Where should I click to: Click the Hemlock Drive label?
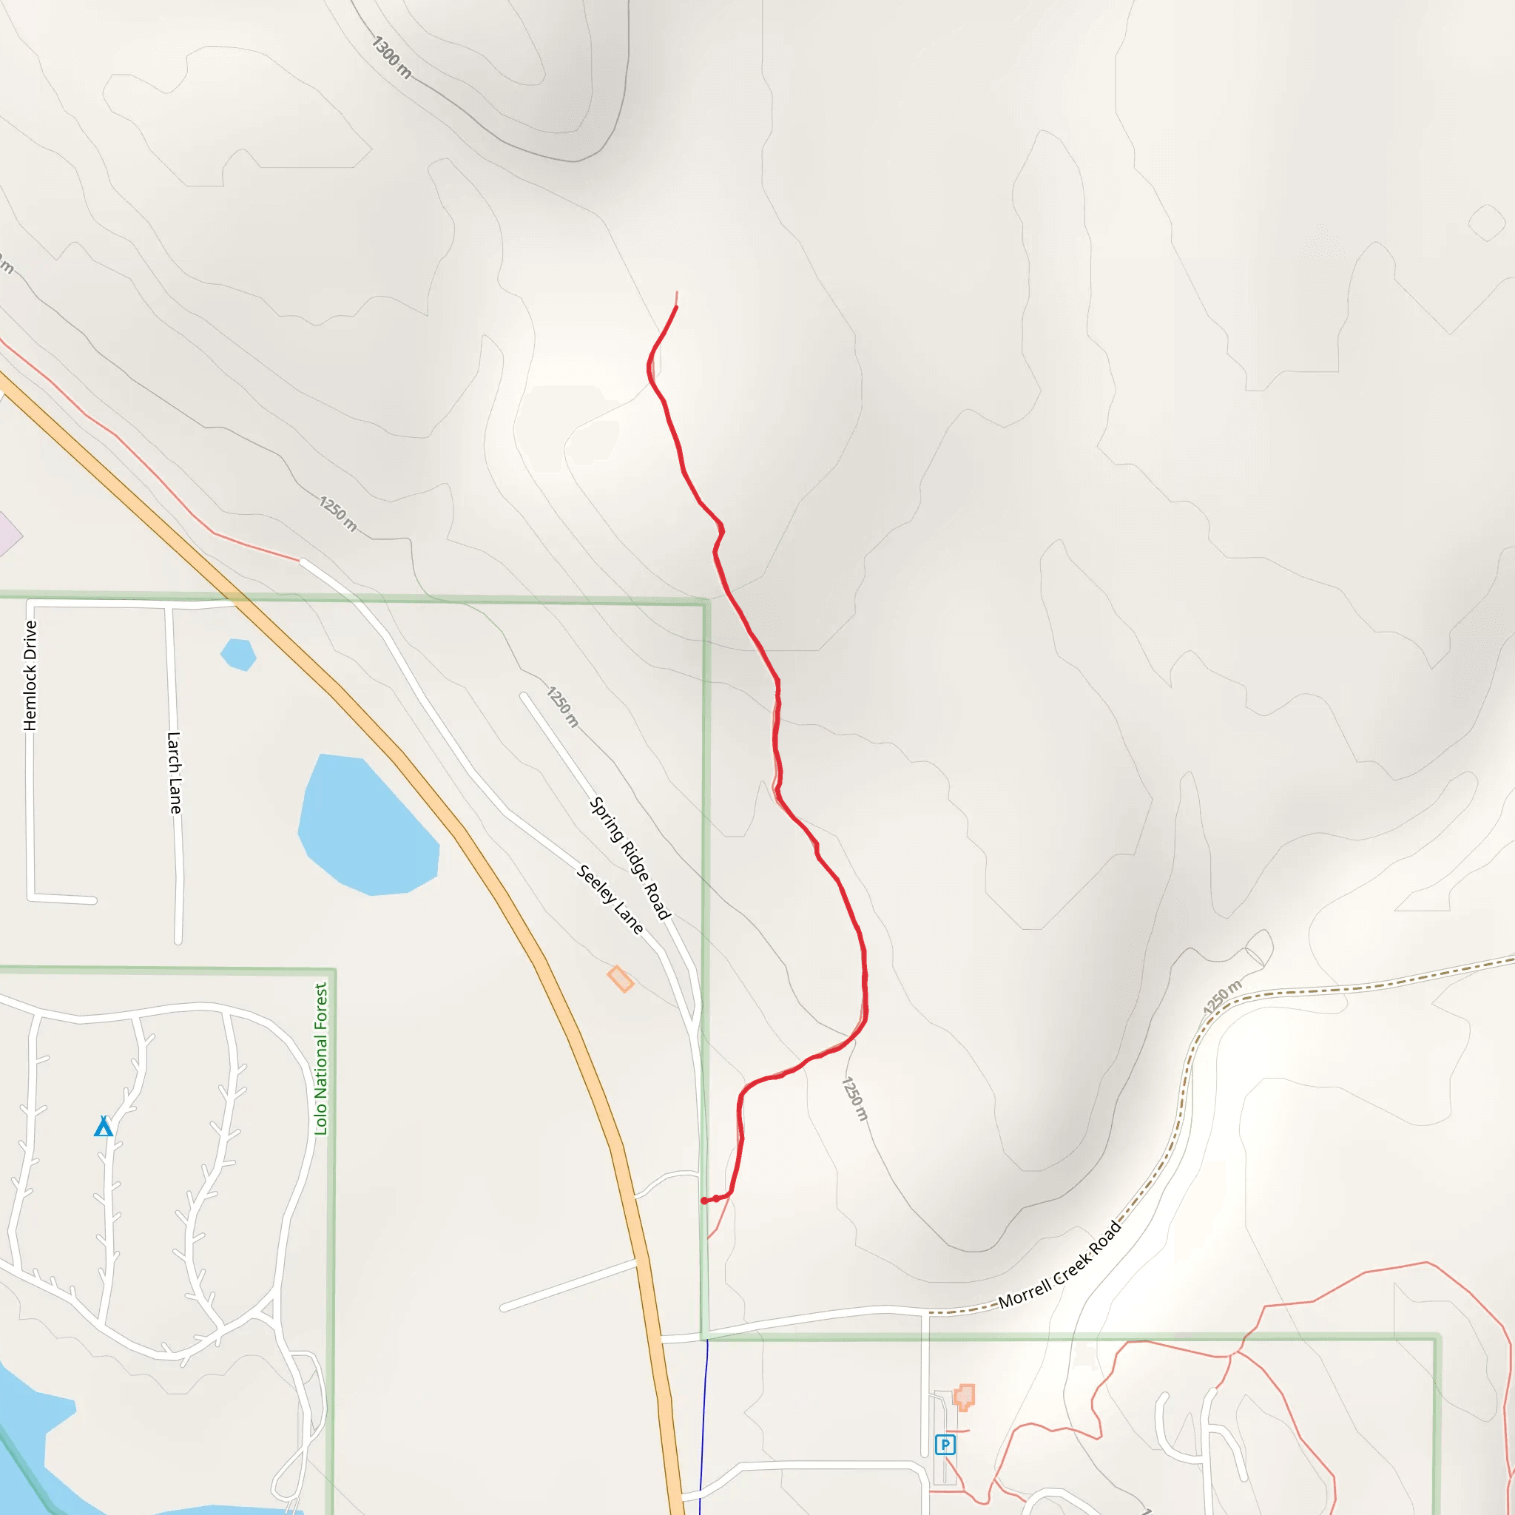point(30,675)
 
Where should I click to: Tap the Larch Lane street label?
point(174,772)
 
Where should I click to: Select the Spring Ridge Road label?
point(630,858)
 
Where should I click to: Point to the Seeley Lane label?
point(610,899)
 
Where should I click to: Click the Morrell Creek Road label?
point(1059,1265)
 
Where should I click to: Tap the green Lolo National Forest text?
point(321,1059)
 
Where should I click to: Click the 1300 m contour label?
point(391,56)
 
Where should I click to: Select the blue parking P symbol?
point(945,1445)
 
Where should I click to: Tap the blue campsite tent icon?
point(104,1127)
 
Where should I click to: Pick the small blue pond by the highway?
point(238,654)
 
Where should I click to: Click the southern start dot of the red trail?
point(704,1201)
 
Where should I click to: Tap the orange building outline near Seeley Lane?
point(620,979)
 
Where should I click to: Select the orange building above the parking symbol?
point(964,1397)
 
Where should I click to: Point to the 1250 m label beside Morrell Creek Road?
point(1223,996)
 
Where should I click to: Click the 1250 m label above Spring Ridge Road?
point(562,706)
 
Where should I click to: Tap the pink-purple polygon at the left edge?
point(8,535)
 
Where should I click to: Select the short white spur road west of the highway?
point(570,1285)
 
